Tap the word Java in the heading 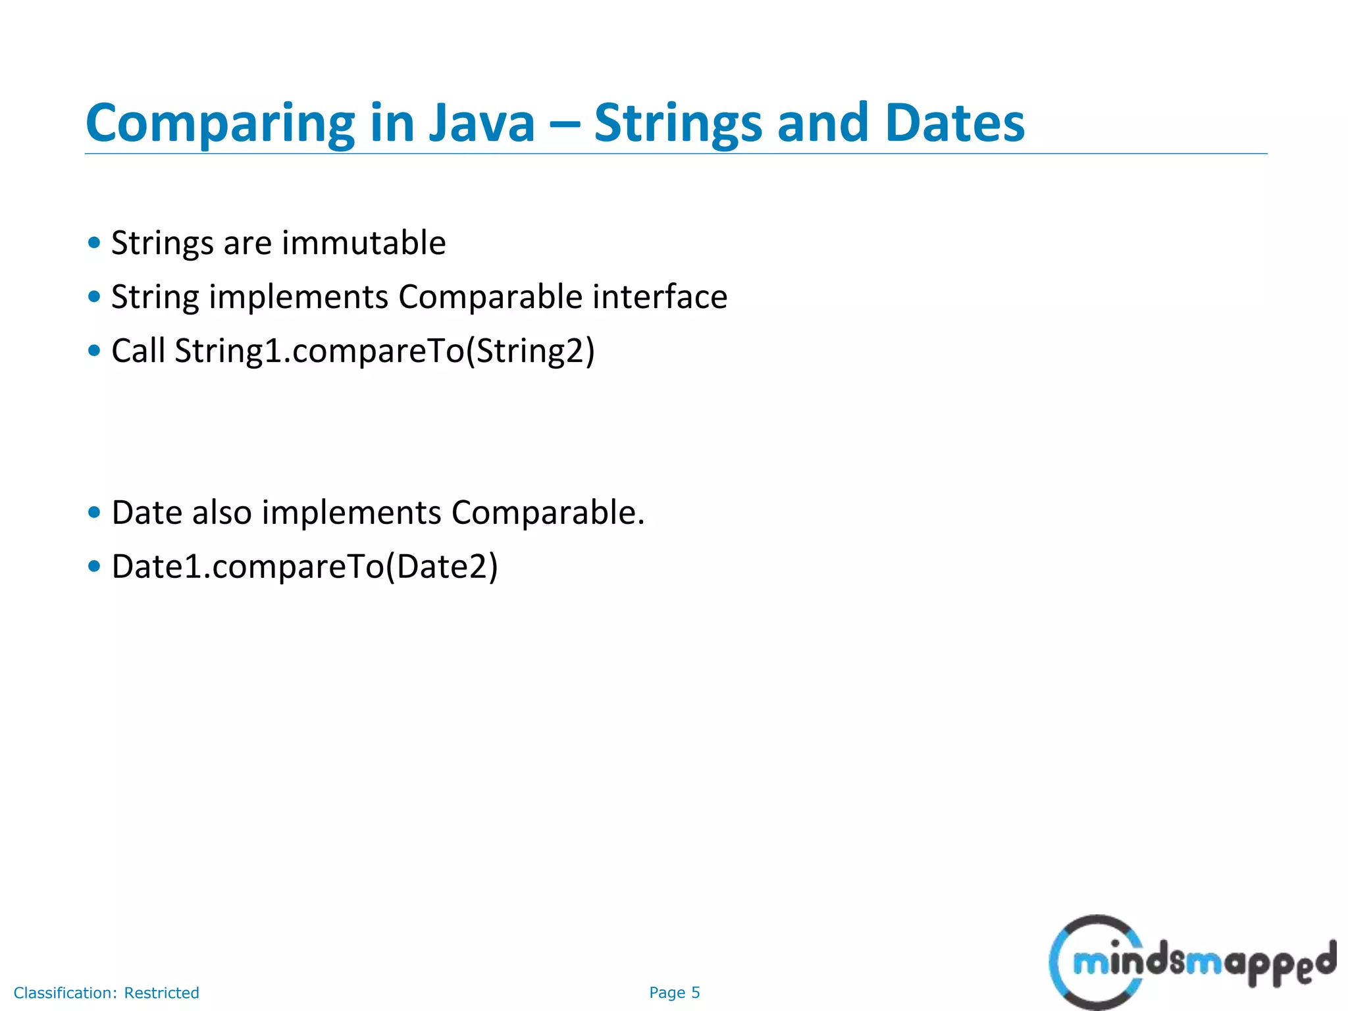(482, 124)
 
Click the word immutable (363, 243)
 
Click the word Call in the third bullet (138, 350)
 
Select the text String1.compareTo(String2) (384, 351)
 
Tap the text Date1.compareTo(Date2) (305, 567)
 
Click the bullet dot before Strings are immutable (94, 243)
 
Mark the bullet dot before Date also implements (94, 512)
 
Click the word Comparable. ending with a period (548, 513)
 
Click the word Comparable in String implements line (490, 297)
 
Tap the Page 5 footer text (674, 993)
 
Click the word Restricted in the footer (161, 993)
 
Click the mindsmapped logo (1191, 962)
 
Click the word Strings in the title (677, 124)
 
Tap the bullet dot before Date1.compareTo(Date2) (94, 566)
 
